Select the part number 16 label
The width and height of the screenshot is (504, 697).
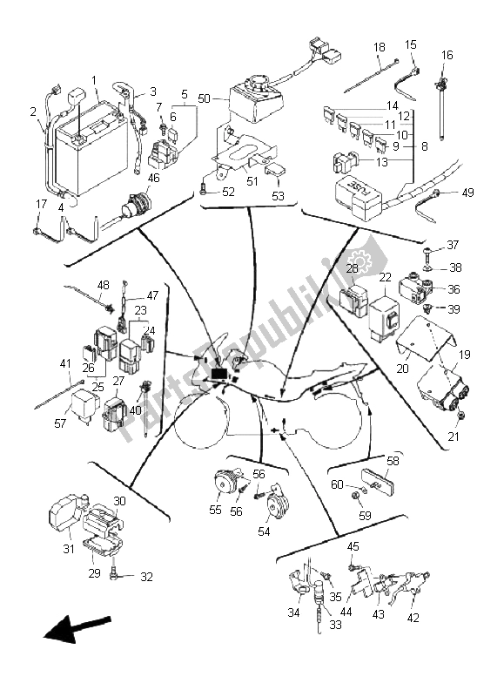pos(447,55)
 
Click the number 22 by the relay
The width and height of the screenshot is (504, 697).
pos(384,277)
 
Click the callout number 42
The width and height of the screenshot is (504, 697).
pos(412,617)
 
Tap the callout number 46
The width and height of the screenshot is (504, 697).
pos(153,178)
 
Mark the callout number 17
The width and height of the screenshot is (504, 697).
pos(41,205)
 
